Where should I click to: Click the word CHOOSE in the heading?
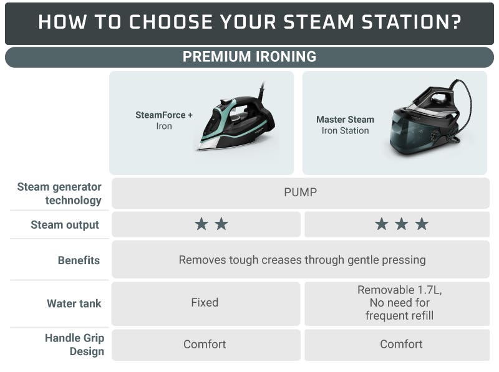coord(170,22)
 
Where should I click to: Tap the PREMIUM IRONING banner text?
coord(249,57)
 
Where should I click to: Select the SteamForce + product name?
coord(164,115)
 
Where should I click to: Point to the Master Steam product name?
coord(345,120)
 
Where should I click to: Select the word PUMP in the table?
coord(301,193)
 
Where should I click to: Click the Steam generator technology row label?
coord(59,193)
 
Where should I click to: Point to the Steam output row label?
coord(65,225)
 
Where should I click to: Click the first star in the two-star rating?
coord(201,224)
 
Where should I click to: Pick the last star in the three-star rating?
coord(422,224)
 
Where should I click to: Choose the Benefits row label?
coord(79,260)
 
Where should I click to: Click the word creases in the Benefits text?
coord(281,260)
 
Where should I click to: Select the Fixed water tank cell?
coord(205,302)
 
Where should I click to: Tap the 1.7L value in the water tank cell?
coord(429,290)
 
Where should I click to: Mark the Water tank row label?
coord(74,303)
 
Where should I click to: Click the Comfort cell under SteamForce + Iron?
coord(205,344)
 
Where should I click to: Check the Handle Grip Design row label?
coord(74,345)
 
